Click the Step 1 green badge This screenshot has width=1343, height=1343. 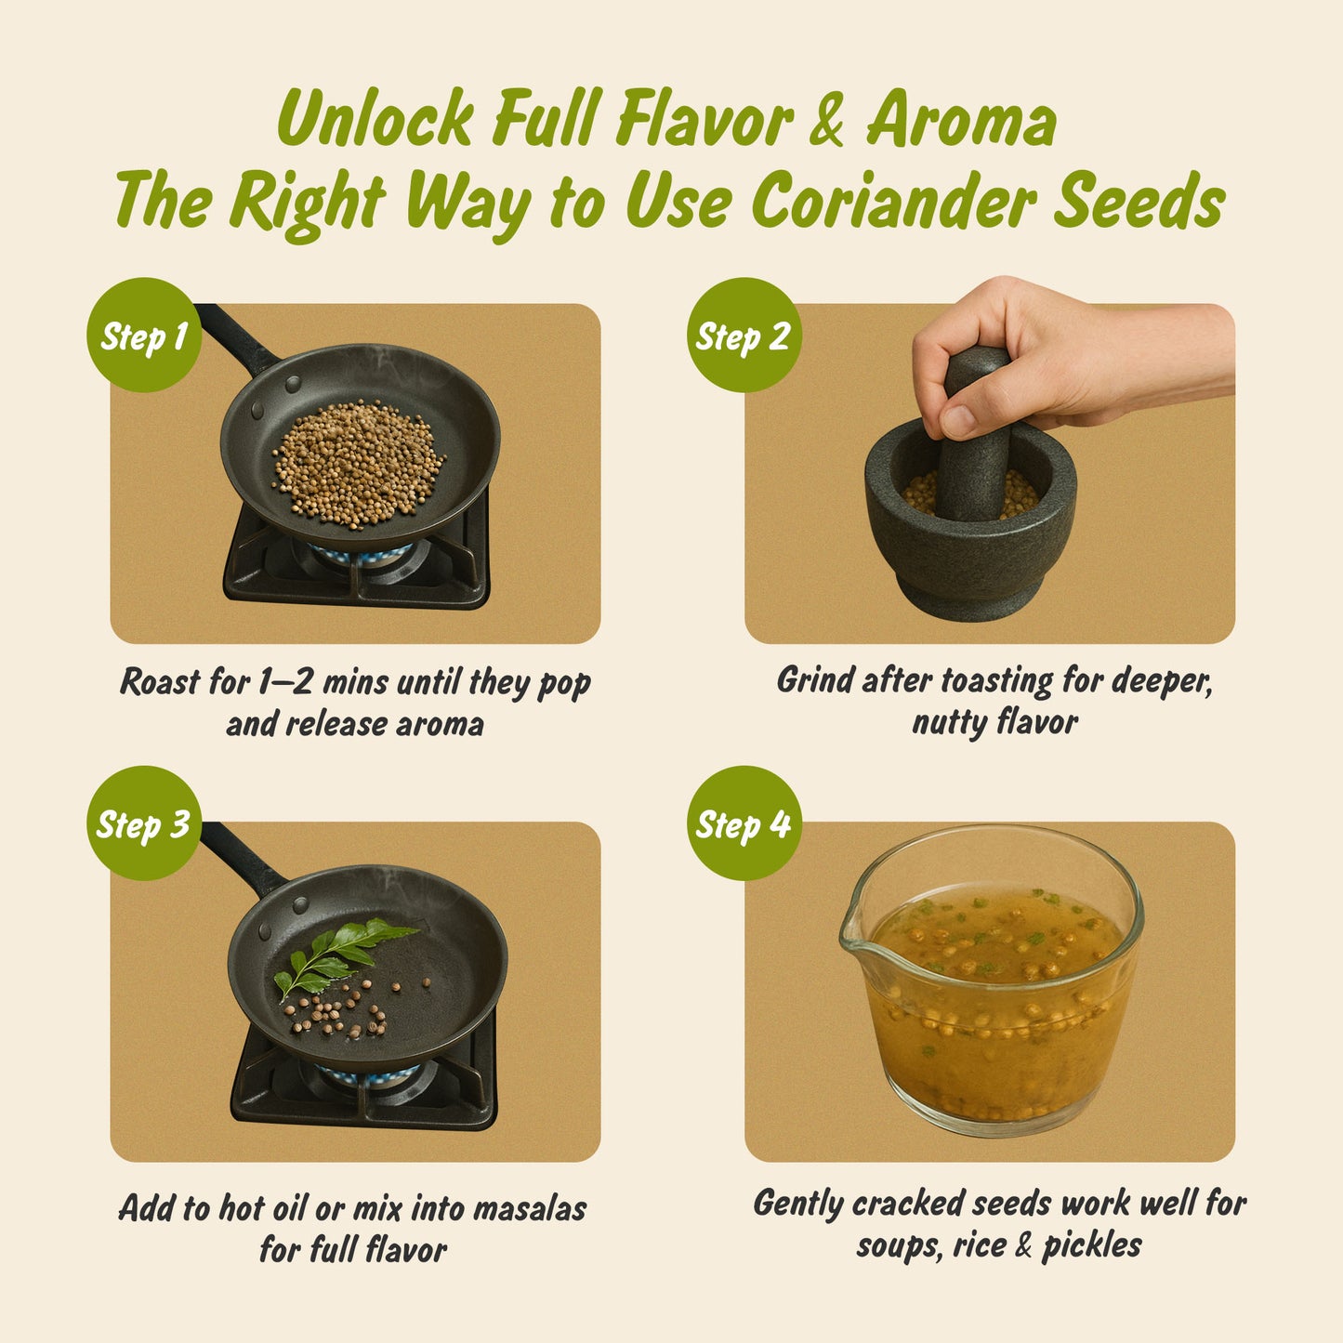click(143, 336)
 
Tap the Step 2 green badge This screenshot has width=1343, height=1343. click(743, 336)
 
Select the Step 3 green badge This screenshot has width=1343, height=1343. click(143, 823)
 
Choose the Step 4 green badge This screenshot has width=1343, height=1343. click(743, 823)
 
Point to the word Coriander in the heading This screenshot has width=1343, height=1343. click(896, 202)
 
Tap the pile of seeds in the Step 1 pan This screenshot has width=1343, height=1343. click(357, 463)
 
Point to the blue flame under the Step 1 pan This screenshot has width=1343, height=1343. click(362, 556)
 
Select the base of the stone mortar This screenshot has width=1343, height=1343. click(972, 595)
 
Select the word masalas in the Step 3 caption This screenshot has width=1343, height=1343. click(530, 1208)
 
